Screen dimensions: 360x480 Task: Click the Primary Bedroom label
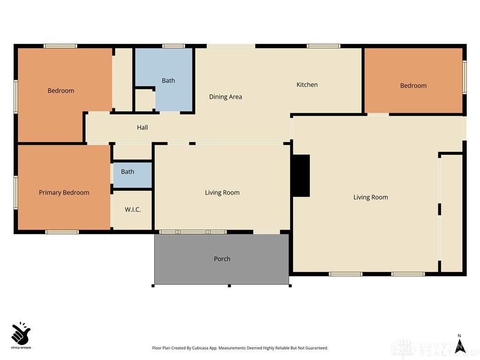[x=64, y=193]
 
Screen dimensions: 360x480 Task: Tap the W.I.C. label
[x=133, y=210]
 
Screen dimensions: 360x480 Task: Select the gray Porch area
[x=222, y=259]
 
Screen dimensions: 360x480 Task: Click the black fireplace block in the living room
[x=301, y=175]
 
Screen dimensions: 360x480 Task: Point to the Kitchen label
[x=307, y=85]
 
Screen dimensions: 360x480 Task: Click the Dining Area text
[x=225, y=97]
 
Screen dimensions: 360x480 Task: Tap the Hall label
[x=142, y=127]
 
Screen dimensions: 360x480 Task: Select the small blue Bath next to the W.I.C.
[x=127, y=172]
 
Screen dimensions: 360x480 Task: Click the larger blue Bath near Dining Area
[x=169, y=81]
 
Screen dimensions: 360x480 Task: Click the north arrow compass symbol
[x=459, y=345]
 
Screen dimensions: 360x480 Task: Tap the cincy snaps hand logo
[x=21, y=333]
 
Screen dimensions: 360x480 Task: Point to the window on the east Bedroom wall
[x=465, y=77]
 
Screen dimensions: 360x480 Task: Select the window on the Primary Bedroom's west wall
[x=15, y=192]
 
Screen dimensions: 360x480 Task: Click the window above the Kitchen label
[x=323, y=46]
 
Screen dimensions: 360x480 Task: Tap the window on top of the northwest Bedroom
[x=60, y=46]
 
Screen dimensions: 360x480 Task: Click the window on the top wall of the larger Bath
[x=173, y=46]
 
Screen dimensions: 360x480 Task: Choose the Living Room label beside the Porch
[x=222, y=193]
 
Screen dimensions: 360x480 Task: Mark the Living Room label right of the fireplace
[x=370, y=197]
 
